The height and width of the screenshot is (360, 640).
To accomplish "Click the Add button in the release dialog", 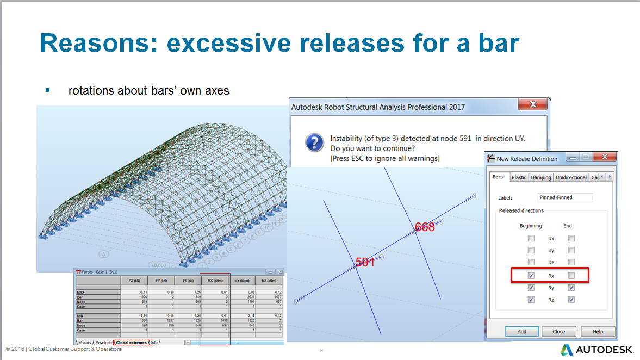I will coord(522,331).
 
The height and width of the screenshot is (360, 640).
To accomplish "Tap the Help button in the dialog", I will coord(598,331).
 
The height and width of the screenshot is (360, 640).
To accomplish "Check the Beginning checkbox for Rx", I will coord(531,276).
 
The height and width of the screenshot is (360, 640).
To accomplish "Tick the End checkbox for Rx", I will coord(571,276).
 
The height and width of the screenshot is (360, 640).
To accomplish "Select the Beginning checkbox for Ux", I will coord(531,238).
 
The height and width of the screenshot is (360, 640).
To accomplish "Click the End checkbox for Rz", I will coord(571,300).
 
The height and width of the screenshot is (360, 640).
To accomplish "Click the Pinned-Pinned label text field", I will coord(564,197).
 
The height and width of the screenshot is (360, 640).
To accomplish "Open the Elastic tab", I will coord(519,177).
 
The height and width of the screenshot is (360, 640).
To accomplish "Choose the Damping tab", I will coord(541,177).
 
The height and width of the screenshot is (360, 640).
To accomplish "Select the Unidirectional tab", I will coord(571,177).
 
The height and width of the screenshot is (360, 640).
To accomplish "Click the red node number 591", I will coord(365,262).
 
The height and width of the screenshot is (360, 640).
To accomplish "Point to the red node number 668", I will coord(425,227).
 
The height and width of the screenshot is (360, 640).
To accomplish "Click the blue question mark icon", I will coord(314,144).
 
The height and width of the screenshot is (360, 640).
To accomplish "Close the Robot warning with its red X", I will coord(532,105).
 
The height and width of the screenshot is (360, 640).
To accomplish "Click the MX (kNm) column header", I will coord(215,281).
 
